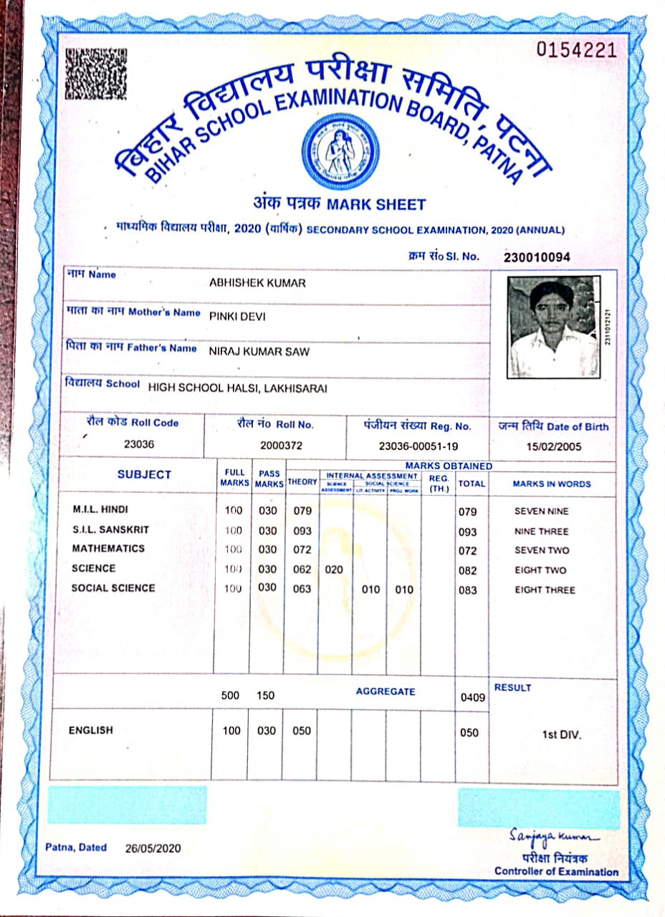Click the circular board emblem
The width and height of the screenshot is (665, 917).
pyautogui.click(x=340, y=150)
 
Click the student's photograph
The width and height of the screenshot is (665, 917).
pyautogui.click(x=552, y=326)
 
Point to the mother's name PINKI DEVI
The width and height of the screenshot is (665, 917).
pyautogui.click(x=237, y=316)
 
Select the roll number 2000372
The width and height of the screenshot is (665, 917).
pyautogui.click(x=281, y=445)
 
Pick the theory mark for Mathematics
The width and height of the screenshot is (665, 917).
pyautogui.click(x=302, y=549)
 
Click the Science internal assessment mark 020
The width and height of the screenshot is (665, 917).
pyautogui.click(x=334, y=570)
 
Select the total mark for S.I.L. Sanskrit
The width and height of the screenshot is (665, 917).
pyautogui.click(x=467, y=532)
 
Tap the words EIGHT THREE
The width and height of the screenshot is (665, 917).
pyautogui.click(x=545, y=590)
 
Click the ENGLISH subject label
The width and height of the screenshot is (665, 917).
pyautogui.click(x=91, y=730)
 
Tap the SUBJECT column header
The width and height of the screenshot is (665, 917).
pyautogui.click(x=144, y=474)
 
